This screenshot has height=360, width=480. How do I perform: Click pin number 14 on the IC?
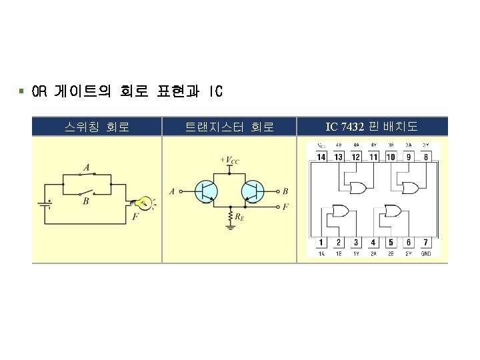(321, 157)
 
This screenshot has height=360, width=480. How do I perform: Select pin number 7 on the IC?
(426, 243)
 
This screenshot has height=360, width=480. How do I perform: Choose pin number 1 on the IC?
(321, 243)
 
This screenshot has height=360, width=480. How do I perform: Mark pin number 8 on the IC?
(426, 157)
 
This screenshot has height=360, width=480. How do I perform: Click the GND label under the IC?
(426, 254)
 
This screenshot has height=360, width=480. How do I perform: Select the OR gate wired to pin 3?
(340, 212)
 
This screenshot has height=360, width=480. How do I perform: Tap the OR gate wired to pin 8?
(408, 185)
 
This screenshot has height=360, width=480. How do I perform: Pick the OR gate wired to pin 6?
(392, 212)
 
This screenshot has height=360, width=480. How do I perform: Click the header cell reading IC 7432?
(372, 126)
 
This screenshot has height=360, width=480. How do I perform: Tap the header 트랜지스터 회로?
(229, 126)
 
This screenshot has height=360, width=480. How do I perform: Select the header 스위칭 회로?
(97, 126)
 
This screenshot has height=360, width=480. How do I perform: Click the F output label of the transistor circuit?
(285, 207)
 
